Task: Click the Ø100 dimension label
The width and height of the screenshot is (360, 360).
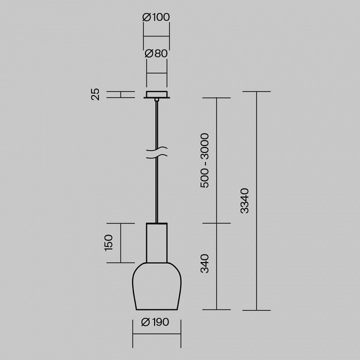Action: coord(156,17)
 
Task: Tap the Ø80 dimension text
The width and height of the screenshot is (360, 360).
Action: coord(156,53)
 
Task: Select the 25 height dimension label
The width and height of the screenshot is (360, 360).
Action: coord(95,94)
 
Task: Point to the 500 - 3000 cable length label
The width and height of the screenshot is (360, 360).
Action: coord(204,160)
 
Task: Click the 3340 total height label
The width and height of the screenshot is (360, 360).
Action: coord(244,201)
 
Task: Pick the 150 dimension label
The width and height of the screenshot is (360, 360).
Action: coord(108,242)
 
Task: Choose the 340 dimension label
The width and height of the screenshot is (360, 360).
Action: coord(204,263)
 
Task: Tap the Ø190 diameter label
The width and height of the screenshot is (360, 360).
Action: coord(155,322)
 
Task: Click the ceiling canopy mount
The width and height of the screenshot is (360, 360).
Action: coord(157,94)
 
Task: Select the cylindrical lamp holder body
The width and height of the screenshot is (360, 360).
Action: coord(157,242)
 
